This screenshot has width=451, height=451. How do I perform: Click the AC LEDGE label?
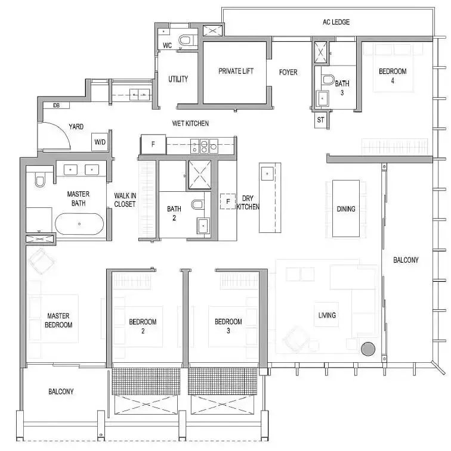tap(336, 22)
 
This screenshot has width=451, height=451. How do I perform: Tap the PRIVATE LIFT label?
tap(236, 71)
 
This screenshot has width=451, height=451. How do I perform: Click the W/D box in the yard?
tap(100, 142)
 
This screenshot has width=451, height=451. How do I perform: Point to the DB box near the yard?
tap(57, 105)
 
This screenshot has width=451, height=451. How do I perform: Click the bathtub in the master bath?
tap(79, 224)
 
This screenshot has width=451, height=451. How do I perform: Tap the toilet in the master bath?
tap(40, 179)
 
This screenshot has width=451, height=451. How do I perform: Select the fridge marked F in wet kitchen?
tap(153, 144)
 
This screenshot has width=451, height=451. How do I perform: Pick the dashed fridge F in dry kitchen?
tap(228, 201)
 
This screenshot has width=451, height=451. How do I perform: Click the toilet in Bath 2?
tap(197, 204)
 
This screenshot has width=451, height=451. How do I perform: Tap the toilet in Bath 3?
tap(328, 80)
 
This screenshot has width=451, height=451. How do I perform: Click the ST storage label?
tap(320, 120)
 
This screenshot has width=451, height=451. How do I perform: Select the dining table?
tap(346, 209)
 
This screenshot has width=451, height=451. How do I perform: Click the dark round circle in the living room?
tap(368, 349)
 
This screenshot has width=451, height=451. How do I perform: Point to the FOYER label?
tap(288, 72)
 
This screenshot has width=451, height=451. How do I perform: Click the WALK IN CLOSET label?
tap(125, 200)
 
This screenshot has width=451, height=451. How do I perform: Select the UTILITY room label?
tap(178, 79)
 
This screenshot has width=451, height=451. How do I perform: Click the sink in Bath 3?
tap(323, 98)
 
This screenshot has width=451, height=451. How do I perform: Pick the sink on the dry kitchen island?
tap(267, 174)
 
